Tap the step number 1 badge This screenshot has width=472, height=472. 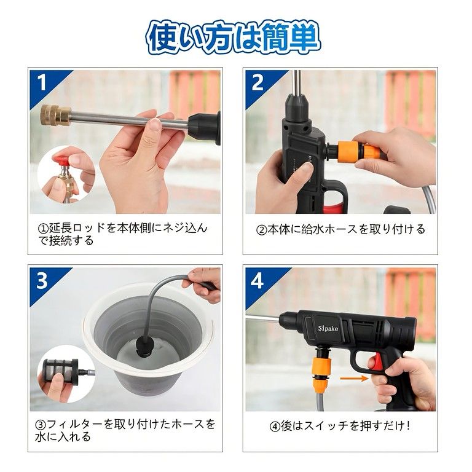click(x=42, y=82)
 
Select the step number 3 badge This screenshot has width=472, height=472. click(x=42, y=280)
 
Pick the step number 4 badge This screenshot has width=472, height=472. click(x=258, y=281)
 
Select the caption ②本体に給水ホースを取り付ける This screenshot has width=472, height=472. click(x=340, y=229)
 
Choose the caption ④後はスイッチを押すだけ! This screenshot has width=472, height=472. click(x=340, y=425)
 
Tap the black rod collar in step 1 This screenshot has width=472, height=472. click(x=203, y=126)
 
